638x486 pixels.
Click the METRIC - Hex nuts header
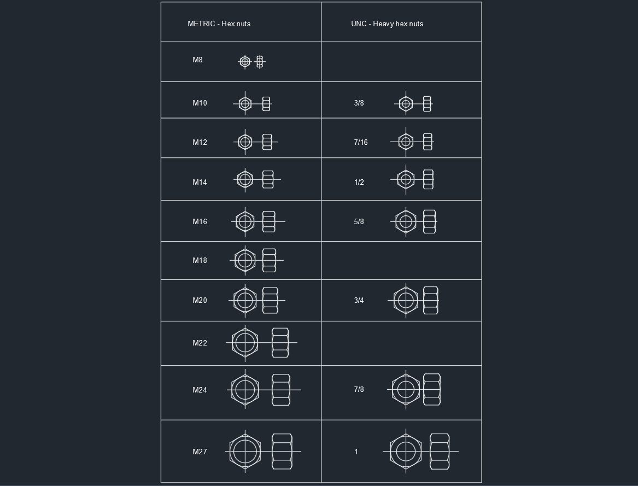point(219,24)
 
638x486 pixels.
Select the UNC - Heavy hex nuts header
point(387,24)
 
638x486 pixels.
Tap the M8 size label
point(197,60)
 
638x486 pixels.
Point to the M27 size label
point(200,452)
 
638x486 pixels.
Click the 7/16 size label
point(360,142)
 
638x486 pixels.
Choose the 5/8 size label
point(359,221)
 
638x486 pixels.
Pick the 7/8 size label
point(359,390)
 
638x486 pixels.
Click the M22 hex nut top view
point(245,343)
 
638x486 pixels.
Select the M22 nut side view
point(280,343)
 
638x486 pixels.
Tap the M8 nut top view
point(245,61)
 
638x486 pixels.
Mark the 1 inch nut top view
point(406,452)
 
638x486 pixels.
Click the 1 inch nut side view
point(440,452)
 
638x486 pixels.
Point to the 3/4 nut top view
point(406,300)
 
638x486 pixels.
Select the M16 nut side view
point(268,221)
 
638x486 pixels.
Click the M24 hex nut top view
point(245,390)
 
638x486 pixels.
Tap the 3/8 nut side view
point(427,104)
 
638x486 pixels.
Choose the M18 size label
point(200,260)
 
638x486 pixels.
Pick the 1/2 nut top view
point(406,179)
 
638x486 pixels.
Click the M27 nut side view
point(282,452)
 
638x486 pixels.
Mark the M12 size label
point(200,142)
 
